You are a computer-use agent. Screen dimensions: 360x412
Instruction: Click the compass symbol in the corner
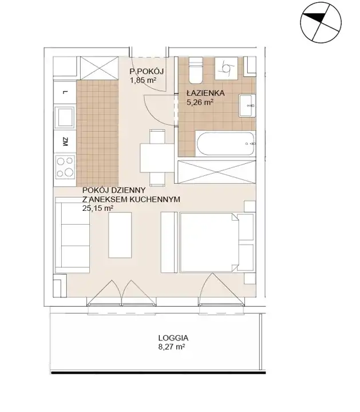click(x=321, y=22)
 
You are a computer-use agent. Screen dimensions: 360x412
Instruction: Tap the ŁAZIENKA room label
click(x=205, y=93)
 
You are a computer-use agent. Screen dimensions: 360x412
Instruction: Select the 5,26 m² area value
click(x=199, y=102)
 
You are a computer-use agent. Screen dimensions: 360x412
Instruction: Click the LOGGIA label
click(x=173, y=338)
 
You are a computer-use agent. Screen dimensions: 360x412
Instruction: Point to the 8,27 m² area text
click(x=172, y=347)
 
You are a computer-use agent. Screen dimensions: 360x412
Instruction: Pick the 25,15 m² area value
click(x=98, y=209)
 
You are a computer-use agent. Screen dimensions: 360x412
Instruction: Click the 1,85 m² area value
click(x=143, y=80)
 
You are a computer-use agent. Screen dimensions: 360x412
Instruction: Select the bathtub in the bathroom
click(x=226, y=144)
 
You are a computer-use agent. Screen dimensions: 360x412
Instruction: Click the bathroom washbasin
click(x=247, y=105)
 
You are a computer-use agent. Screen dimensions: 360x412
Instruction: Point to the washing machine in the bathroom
click(x=226, y=68)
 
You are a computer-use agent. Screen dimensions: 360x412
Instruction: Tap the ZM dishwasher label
click(x=65, y=142)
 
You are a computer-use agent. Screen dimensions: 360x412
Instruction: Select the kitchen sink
click(x=65, y=117)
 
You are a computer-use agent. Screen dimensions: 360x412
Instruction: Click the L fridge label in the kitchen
click(x=65, y=92)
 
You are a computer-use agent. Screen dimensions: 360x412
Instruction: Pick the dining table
click(x=157, y=158)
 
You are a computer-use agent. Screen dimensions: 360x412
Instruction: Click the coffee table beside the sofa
click(x=120, y=235)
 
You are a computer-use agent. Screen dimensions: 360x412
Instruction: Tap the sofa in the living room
click(x=73, y=235)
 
